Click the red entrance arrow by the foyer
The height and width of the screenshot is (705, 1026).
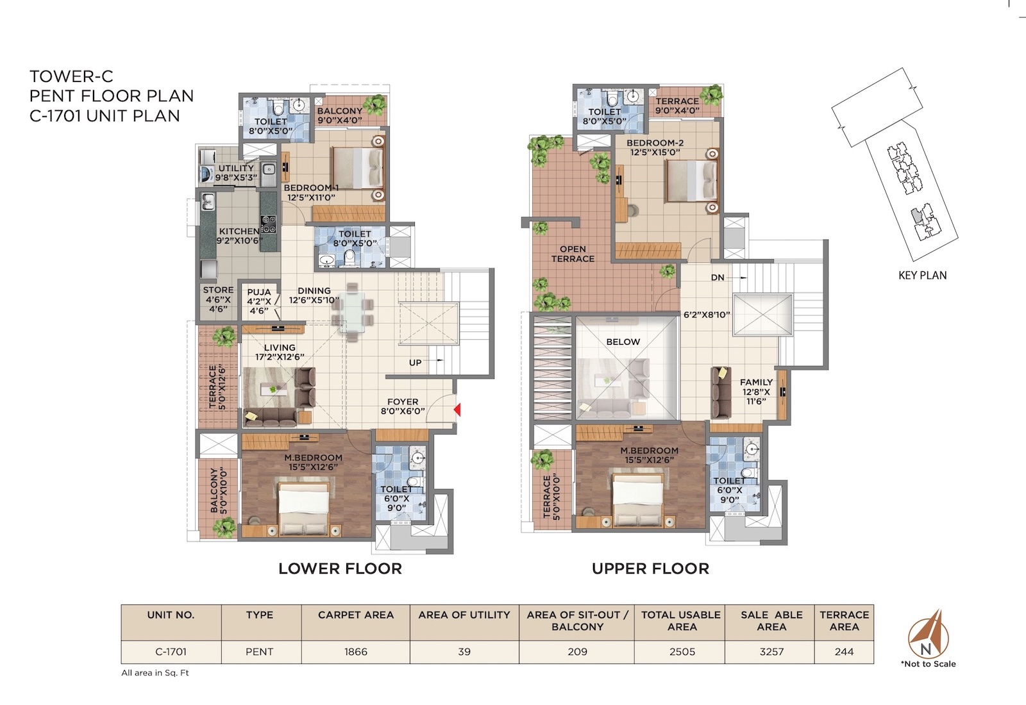457,410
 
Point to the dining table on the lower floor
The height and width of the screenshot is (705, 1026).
353,312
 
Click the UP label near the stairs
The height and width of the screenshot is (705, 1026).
415,363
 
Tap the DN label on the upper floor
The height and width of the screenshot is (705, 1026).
718,278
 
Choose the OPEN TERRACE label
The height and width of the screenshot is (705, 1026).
573,254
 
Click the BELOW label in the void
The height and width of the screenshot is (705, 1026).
623,342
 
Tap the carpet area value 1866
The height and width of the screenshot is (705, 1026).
356,651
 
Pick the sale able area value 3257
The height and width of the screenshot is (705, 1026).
772,651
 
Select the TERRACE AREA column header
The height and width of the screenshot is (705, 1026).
844,621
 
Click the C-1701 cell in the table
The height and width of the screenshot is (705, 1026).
171,651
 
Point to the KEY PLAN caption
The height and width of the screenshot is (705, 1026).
923,275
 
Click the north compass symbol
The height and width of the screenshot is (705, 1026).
928,634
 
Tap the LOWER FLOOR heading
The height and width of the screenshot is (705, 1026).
341,568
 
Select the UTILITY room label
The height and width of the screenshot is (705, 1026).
236,172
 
